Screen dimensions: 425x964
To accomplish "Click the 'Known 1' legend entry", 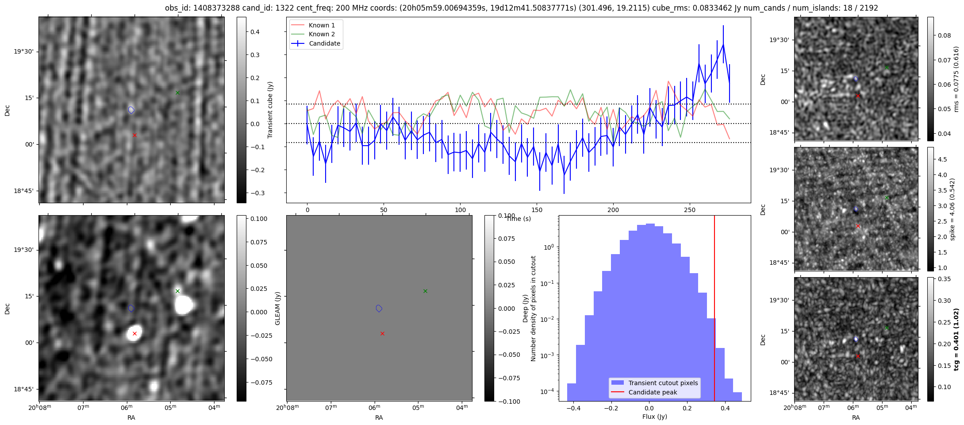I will pyautogui.click(x=321, y=25).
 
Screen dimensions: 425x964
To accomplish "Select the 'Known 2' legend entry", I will pyautogui.click(x=321, y=34).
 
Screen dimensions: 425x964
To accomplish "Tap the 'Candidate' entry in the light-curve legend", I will pyautogui.click(x=324, y=43).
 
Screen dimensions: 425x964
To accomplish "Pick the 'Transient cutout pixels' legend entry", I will pyautogui.click(x=663, y=383).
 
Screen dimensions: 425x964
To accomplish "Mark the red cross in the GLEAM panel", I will pyautogui.click(x=382, y=333).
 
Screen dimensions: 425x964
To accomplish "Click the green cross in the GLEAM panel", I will pyautogui.click(x=425, y=291).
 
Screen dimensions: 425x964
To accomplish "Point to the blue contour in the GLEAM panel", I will pyautogui.click(x=379, y=308).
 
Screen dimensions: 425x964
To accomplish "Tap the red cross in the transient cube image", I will pyautogui.click(x=134, y=135).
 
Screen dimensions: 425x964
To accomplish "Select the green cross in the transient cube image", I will pyautogui.click(x=177, y=93).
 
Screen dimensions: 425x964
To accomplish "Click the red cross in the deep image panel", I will pyautogui.click(x=134, y=333).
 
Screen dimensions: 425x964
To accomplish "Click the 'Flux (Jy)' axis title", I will pyautogui.click(x=654, y=417).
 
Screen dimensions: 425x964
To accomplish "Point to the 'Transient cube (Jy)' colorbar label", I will pyautogui.click(x=270, y=110).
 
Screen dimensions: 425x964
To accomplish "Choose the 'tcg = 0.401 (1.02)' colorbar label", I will pyautogui.click(x=956, y=339).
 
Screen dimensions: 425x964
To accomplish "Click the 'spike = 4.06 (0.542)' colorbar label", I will pyautogui.click(x=952, y=209).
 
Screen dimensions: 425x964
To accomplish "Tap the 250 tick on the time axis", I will pyautogui.click(x=689, y=210).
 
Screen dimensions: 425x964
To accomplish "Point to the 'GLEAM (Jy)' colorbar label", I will pyautogui.click(x=278, y=308).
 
